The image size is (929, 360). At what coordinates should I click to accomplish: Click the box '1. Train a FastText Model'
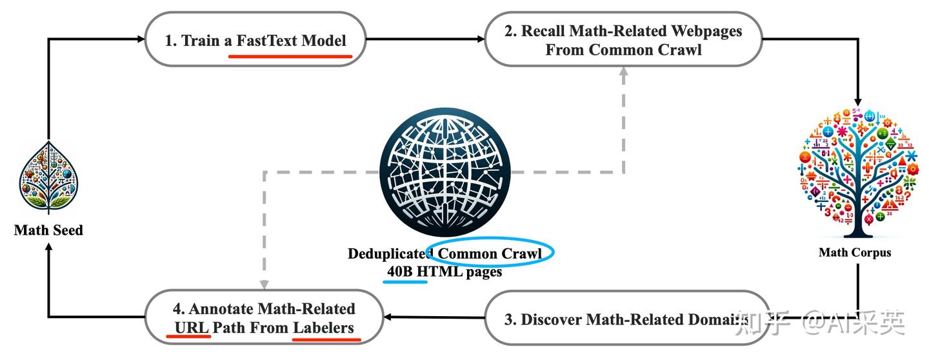click(x=255, y=40)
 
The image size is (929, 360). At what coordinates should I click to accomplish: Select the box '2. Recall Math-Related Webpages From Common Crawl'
click(x=623, y=40)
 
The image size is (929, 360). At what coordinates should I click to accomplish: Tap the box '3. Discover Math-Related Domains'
click(x=626, y=318)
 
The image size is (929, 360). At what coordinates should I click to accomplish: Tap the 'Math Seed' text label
click(x=48, y=230)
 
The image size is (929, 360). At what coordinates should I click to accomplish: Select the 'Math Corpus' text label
click(x=855, y=252)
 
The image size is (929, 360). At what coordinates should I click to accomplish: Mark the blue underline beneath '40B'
click(x=406, y=282)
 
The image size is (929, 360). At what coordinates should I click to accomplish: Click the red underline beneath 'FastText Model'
click(x=290, y=56)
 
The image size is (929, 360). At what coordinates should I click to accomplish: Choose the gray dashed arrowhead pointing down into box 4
click(x=263, y=285)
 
